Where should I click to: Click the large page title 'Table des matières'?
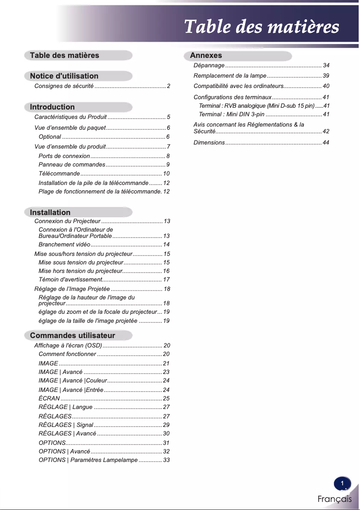pos(261,26)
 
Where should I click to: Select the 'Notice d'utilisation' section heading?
pos(64,76)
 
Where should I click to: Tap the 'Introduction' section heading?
pos(52,107)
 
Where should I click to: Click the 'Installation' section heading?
pos(50,212)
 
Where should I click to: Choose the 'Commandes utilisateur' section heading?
pos(72,335)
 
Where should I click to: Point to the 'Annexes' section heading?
pos(206,56)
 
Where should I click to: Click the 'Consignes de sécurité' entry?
pos(64,86)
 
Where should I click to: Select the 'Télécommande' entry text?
pos(59,174)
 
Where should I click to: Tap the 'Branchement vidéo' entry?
pos(65,245)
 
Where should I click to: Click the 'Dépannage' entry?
pos(209,66)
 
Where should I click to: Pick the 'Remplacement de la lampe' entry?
pos(230,75)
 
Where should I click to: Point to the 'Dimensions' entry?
pos(209,143)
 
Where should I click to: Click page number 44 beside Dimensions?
pos(326,143)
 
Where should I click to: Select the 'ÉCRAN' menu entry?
pos(49,398)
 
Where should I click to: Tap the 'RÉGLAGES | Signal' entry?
pos(66,425)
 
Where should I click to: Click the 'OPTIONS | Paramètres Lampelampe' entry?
pos(88,460)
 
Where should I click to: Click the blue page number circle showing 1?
pos(342,484)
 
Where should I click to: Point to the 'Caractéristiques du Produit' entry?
pos(70,117)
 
